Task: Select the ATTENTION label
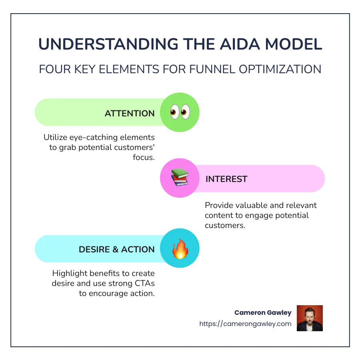tap(130, 114)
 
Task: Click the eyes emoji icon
tap(180, 112)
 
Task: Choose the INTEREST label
tap(226, 179)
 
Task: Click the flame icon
tap(180, 249)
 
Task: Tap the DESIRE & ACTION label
tap(116, 249)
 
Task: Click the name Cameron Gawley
tap(263, 313)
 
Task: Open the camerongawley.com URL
tap(245, 324)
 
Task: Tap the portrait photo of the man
tap(310, 318)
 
